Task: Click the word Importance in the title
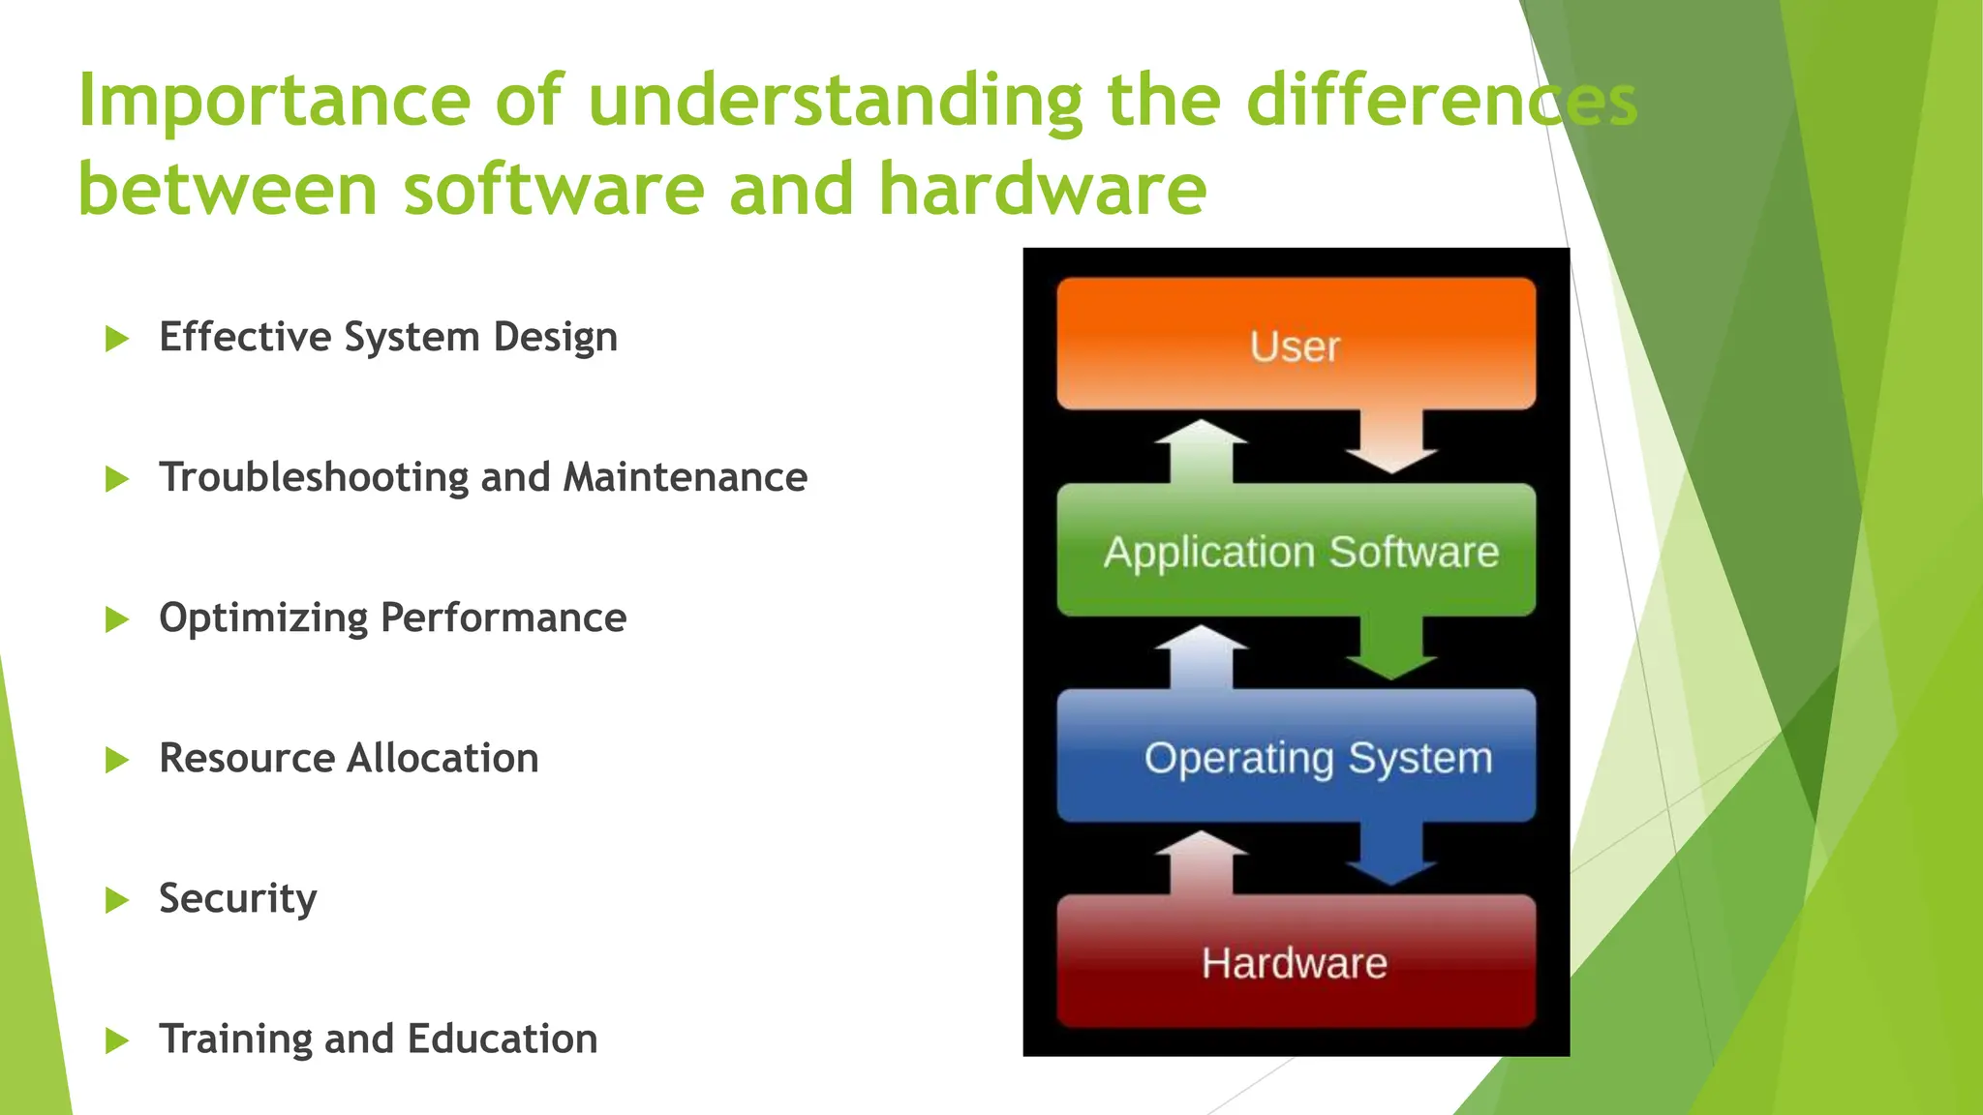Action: (273, 102)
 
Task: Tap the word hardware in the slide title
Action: (1043, 189)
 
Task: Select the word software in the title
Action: (554, 189)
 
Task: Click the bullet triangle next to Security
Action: (116, 900)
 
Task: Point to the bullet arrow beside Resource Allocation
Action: (116, 760)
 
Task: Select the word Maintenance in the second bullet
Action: (685, 478)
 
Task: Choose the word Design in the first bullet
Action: (555, 338)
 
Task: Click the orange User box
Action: (1296, 345)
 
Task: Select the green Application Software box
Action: (1296, 551)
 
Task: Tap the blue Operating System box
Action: (1296, 757)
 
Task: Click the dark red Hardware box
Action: (1296, 962)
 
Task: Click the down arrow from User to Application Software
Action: (1391, 441)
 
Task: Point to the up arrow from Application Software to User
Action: (1201, 451)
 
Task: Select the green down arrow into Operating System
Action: (1391, 648)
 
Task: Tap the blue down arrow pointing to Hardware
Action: (1391, 854)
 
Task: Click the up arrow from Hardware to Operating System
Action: (1201, 862)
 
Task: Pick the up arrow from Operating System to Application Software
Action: (1201, 656)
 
